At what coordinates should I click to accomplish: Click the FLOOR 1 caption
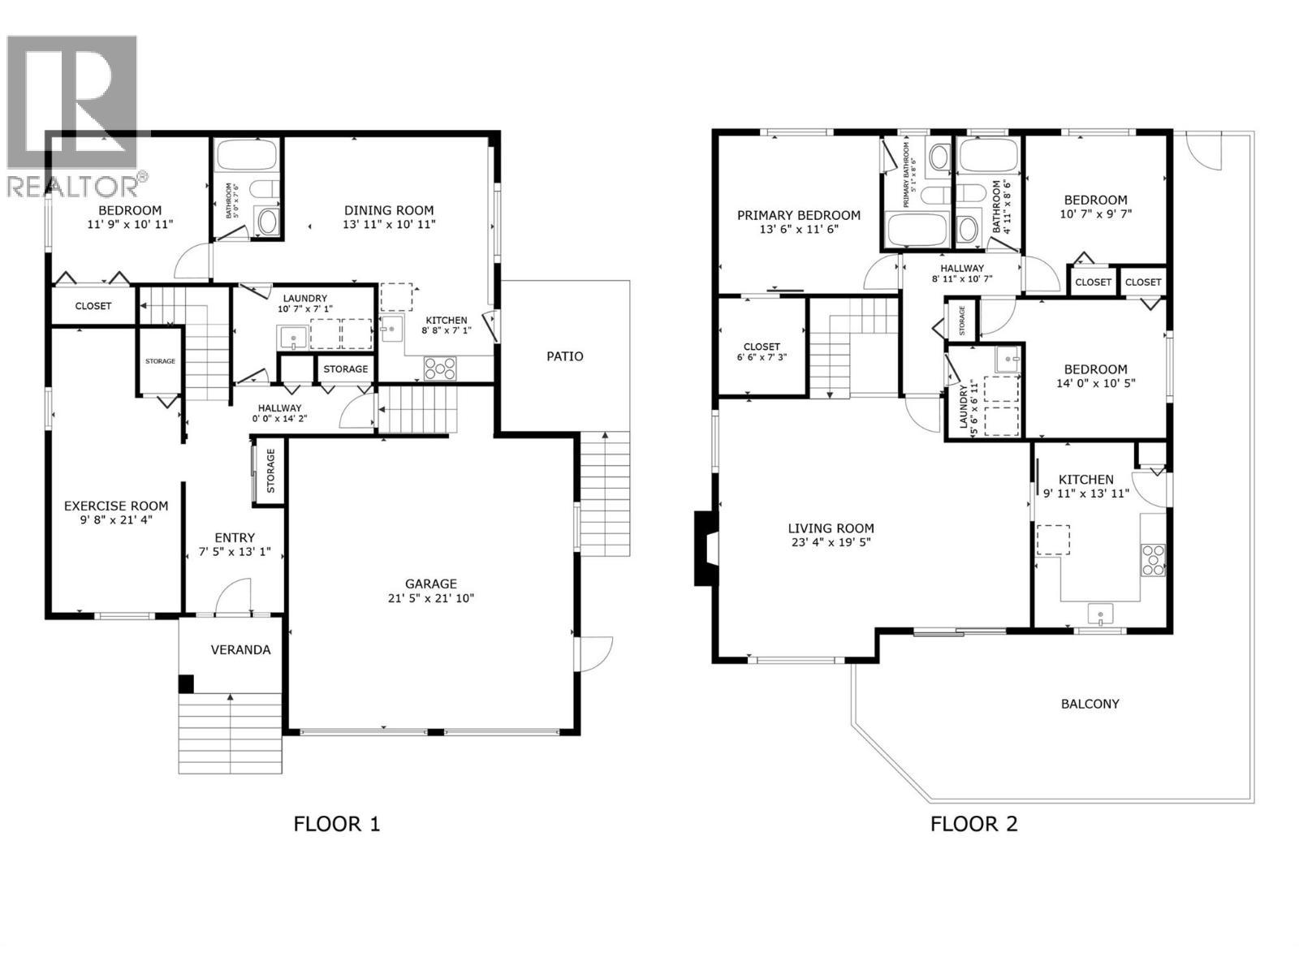coord(336,824)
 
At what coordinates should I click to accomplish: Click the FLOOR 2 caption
coord(973,824)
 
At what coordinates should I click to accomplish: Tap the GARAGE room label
coord(431,584)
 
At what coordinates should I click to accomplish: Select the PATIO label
coord(564,356)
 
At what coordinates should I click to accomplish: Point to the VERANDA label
coord(240,649)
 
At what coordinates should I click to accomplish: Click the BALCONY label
coord(1090,704)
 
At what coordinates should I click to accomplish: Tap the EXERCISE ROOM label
coord(116,506)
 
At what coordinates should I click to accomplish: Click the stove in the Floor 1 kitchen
coord(440,368)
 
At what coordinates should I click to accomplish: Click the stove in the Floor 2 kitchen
coord(1153,560)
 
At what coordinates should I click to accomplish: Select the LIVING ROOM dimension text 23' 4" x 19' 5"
coord(831,542)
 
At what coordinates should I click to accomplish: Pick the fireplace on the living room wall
coord(706,548)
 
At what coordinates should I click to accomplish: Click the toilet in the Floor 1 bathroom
coord(263,189)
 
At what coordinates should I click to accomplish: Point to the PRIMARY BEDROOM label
coord(799,215)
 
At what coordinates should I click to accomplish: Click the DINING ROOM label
coord(389,210)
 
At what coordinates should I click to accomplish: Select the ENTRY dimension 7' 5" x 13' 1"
coord(235,552)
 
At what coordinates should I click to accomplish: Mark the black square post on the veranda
coord(186,683)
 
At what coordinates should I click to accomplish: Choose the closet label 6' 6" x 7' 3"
coord(762,357)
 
